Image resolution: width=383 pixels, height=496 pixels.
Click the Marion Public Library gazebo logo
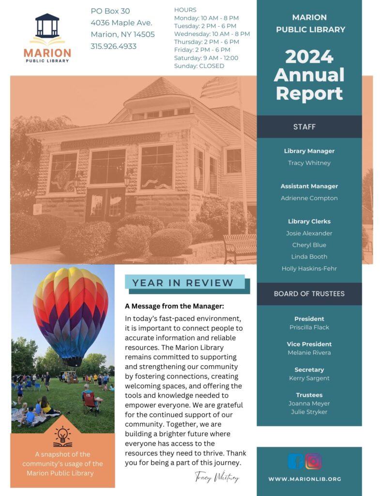[x=47, y=30]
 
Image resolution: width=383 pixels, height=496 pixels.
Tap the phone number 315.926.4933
[x=113, y=46]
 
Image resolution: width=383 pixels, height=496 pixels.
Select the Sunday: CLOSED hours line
[x=199, y=66]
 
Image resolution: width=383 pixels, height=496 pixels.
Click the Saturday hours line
[x=206, y=58]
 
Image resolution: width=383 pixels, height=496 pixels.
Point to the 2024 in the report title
[x=309, y=57]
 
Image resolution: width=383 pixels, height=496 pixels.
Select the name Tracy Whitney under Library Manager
[x=309, y=163]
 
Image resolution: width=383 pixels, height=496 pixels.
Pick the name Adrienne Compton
[x=309, y=198]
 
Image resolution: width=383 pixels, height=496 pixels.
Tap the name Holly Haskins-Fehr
[x=309, y=268]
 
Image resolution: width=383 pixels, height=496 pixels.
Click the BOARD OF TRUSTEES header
[x=309, y=294]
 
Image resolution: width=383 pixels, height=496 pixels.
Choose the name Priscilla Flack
[x=309, y=327]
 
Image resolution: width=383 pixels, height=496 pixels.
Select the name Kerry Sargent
[x=309, y=378]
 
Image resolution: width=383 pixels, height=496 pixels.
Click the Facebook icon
[x=296, y=461]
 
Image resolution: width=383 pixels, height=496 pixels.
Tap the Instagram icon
[x=313, y=461]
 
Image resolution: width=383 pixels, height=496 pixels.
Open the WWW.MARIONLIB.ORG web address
[x=305, y=479]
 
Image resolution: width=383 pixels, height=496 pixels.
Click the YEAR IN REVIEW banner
[x=183, y=283]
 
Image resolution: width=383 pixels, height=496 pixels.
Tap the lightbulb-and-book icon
[x=62, y=436]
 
